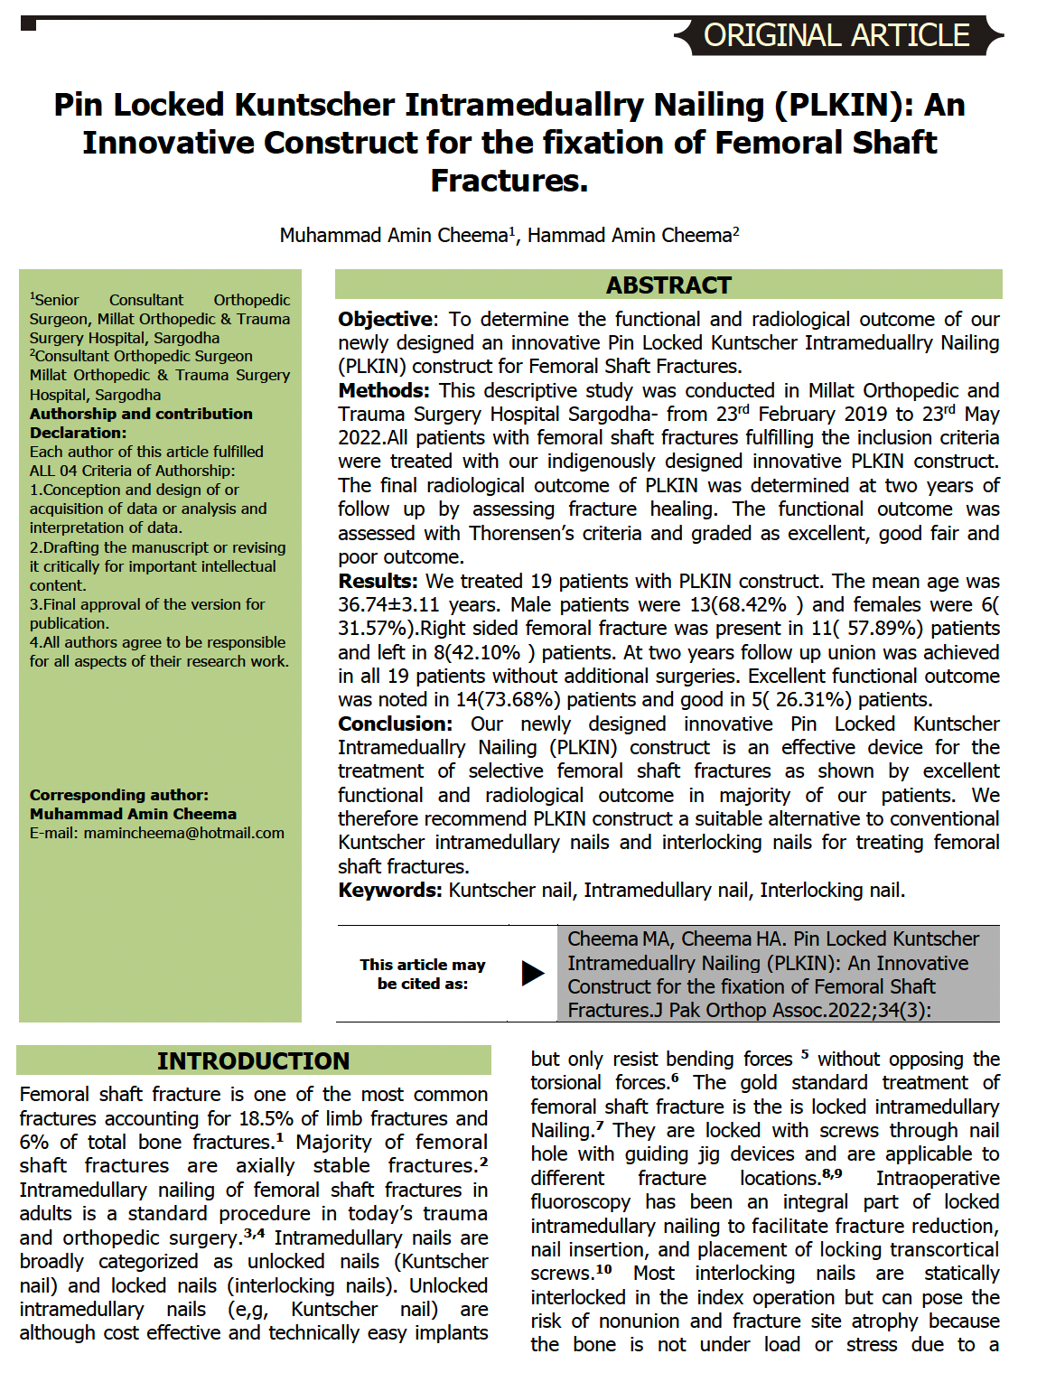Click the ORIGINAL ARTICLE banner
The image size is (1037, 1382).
(x=836, y=35)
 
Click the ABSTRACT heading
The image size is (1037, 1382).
(x=668, y=285)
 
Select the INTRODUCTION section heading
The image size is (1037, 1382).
(x=253, y=1060)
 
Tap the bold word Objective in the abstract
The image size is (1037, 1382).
(x=386, y=320)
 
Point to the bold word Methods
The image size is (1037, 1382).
(x=384, y=391)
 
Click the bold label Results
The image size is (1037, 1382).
(x=378, y=582)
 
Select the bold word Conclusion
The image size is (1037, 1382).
(x=395, y=724)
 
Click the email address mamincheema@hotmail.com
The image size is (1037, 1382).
(x=184, y=833)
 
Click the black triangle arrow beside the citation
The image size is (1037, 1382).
(x=533, y=973)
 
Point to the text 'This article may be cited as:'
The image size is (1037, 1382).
(x=423, y=974)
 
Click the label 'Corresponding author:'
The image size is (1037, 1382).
(x=119, y=795)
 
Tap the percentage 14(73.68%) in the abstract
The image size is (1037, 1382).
(x=509, y=700)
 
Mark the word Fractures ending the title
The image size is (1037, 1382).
(x=509, y=181)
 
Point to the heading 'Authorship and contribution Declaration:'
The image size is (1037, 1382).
(x=141, y=423)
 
